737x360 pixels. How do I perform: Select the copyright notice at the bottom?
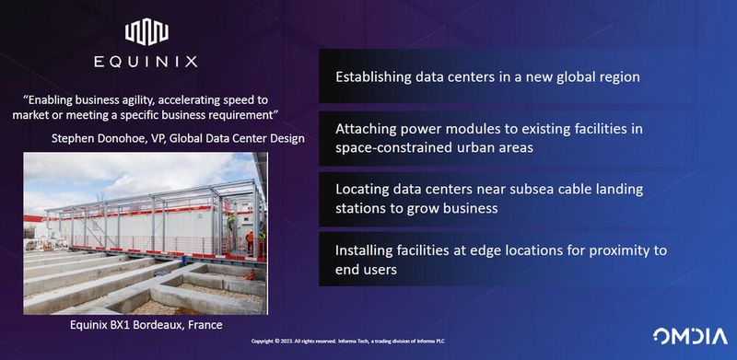pos(368,341)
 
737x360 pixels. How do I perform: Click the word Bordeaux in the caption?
pos(174,325)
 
